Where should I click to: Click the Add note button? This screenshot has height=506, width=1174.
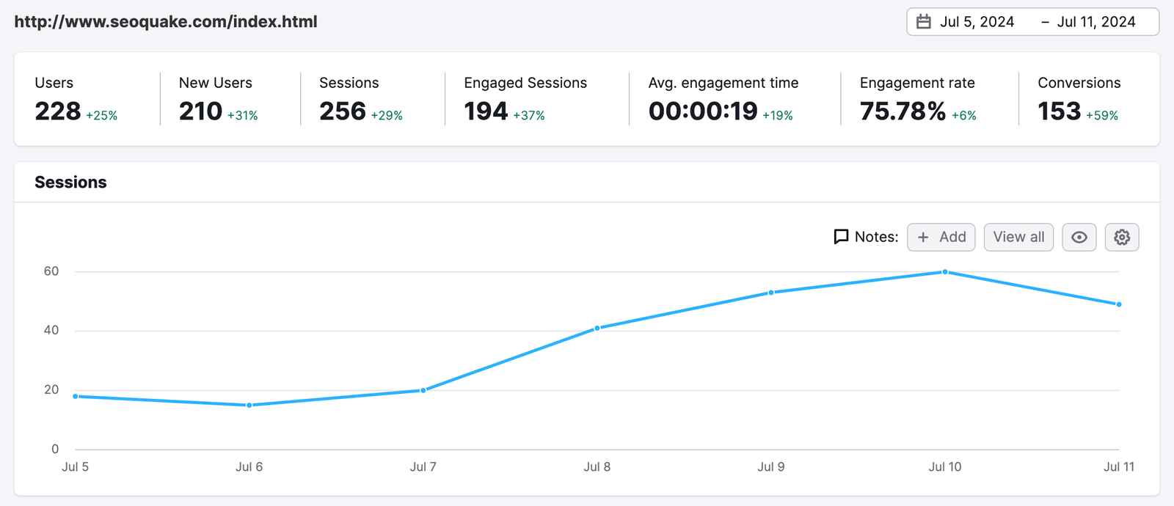pyautogui.click(x=941, y=237)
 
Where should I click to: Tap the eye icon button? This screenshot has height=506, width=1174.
pyautogui.click(x=1079, y=237)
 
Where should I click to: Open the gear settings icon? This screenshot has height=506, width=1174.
pyautogui.click(x=1121, y=237)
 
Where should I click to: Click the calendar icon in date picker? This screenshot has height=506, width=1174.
pyautogui.click(x=924, y=22)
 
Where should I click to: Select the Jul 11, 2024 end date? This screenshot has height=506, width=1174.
pyautogui.click(x=1095, y=22)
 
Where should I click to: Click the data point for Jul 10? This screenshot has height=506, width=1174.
pyautogui.click(x=945, y=272)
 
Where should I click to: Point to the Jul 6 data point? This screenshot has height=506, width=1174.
pyautogui.click(x=249, y=405)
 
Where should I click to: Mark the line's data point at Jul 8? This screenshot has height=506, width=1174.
pyautogui.click(x=597, y=328)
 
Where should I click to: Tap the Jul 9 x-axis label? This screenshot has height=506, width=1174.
pyautogui.click(x=770, y=466)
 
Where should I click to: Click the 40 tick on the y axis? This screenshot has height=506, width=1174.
pyautogui.click(x=51, y=330)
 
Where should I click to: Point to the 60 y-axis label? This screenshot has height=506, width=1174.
pyautogui.click(x=51, y=271)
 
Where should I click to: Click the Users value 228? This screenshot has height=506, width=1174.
pyautogui.click(x=58, y=111)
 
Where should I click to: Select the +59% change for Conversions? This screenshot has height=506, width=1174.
pyautogui.click(x=1102, y=116)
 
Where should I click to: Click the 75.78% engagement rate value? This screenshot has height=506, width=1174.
pyautogui.click(x=903, y=111)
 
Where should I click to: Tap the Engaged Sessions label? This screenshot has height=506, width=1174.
pyautogui.click(x=525, y=83)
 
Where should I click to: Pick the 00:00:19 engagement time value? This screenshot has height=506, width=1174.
pyautogui.click(x=703, y=111)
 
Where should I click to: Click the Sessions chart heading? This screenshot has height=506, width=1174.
pyautogui.click(x=70, y=182)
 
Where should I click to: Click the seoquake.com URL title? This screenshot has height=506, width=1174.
pyautogui.click(x=166, y=22)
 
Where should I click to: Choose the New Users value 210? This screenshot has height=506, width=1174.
pyautogui.click(x=200, y=111)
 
